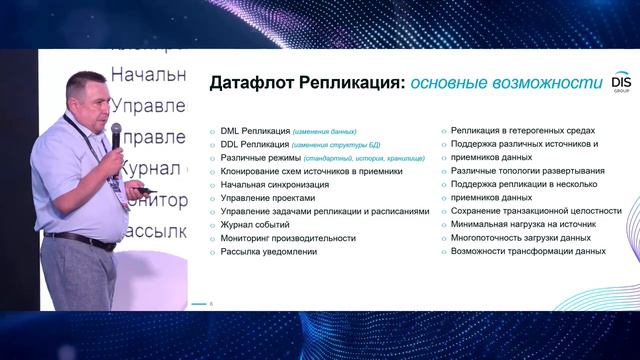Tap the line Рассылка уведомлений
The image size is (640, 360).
pos(269,252)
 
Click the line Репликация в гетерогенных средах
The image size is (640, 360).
pos(523,130)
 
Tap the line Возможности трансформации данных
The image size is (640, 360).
pos(528,252)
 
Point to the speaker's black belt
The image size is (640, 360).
pos(80,239)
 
